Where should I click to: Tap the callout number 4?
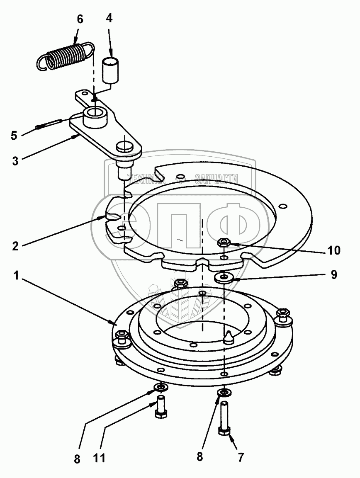[109, 19]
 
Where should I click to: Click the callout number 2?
[16, 246]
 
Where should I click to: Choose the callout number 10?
[334, 250]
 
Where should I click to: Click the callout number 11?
[99, 458]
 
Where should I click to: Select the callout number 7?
[241, 458]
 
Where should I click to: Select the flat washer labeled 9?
[224, 277]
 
